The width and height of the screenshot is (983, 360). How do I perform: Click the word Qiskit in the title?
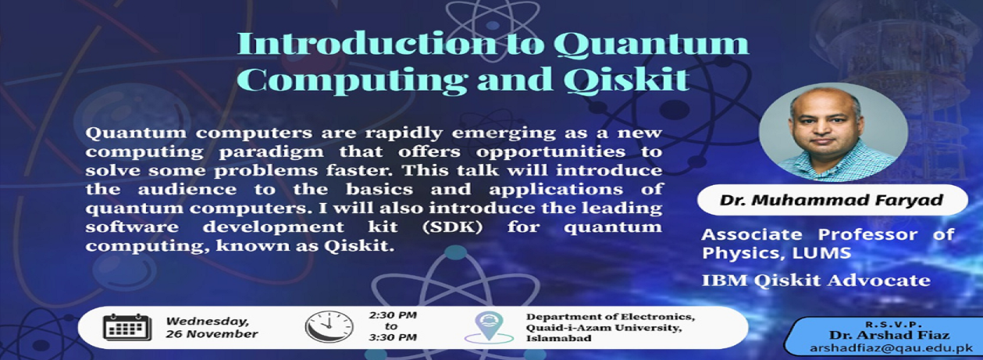pos(626,80)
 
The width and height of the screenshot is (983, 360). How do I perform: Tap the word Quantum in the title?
pos(651,45)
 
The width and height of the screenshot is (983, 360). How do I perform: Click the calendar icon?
pos(127,327)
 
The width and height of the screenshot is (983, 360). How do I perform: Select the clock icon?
pos(329,326)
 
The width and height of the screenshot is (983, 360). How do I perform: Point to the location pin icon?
pos(489,327)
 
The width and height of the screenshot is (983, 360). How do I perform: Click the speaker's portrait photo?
pos(833,132)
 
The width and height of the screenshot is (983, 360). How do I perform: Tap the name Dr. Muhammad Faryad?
pos(832,200)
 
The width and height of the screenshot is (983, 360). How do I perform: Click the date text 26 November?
pos(212,334)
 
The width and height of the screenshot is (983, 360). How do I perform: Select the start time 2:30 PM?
pos(392,315)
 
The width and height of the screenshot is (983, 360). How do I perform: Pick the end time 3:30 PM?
pos(392,337)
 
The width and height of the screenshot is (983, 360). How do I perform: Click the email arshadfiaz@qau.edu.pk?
pos(892,348)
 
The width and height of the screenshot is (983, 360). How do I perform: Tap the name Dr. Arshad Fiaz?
pos(889,336)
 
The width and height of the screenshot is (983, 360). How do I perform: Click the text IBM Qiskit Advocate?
pos(816,280)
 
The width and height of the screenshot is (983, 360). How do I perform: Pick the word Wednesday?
pos(208,322)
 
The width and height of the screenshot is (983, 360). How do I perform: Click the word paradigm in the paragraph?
pos(271,152)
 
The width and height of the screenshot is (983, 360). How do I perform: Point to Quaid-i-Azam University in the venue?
pos(604,328)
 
